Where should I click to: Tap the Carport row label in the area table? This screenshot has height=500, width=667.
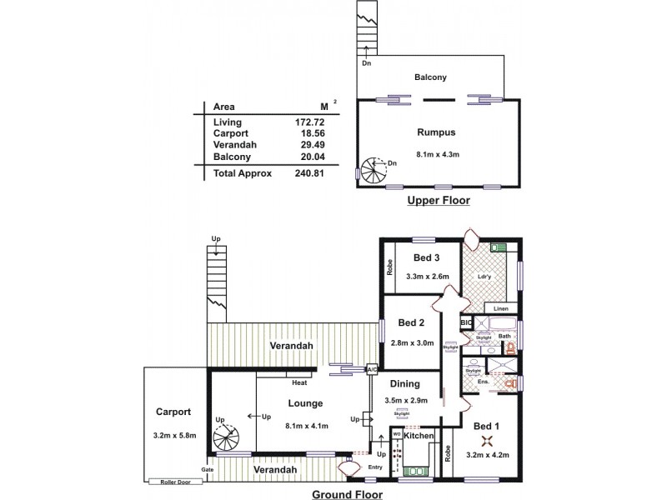click(230, 133)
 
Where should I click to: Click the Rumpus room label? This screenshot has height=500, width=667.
click(436, 132)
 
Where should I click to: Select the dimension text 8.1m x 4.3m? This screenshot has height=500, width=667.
click(439, 153)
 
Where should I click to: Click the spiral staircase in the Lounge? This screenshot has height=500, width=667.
click(223, 435)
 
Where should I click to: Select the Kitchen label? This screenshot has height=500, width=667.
click(420, 436)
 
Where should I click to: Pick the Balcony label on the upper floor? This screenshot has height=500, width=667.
click(431, 77)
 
